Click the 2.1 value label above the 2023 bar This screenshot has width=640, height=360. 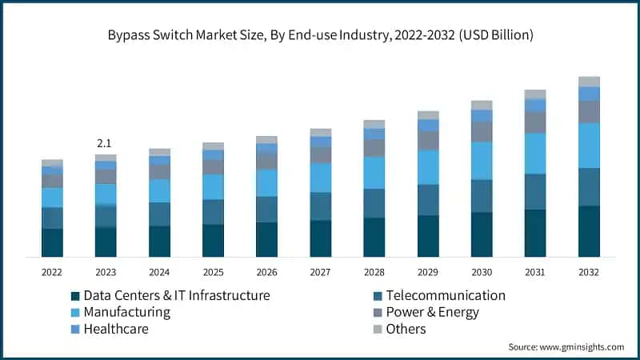105,143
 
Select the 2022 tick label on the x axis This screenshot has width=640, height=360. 52,272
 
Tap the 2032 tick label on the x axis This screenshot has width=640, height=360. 589,272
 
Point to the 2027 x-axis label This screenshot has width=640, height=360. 320,272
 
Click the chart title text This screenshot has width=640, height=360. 320,36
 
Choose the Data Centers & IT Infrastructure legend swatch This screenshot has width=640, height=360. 76,296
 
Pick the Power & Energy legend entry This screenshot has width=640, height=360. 432,312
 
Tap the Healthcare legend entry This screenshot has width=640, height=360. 116,329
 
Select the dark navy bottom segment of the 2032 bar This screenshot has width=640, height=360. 589,231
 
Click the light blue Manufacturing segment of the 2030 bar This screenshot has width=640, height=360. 482,160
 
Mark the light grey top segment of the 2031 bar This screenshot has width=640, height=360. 535,94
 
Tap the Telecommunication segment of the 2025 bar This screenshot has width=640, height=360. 213,212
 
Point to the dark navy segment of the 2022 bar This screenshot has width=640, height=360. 52,242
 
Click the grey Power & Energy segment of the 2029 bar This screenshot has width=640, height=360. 428,141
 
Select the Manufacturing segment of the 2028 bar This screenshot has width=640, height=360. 374,172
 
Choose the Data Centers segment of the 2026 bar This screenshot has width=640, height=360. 266,239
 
